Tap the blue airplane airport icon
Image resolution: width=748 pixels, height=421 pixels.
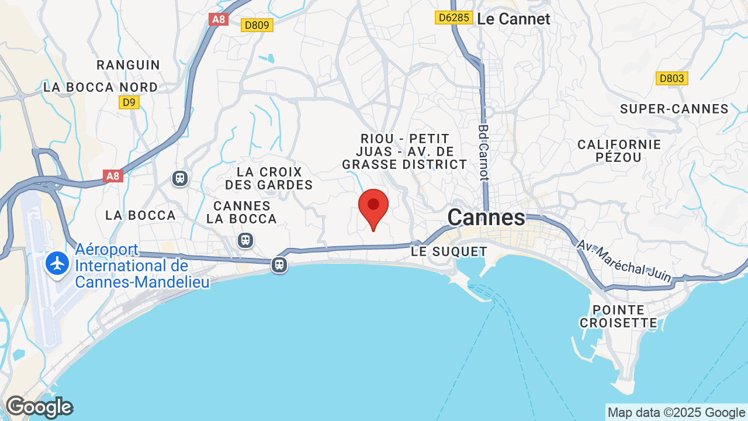(57, 264)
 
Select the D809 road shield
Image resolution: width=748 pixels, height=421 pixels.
(257, 25)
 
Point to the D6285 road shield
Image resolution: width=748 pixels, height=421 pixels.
(453, 18)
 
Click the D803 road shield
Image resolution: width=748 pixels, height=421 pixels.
(672, 78)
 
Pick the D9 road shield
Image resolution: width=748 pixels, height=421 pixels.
(129, 102)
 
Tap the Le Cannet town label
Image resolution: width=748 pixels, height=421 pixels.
(514, 19)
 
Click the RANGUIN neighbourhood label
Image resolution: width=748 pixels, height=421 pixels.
(129, 65)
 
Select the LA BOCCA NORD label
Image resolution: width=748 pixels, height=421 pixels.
(101, 87)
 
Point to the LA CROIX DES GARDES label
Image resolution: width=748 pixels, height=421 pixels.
(269, 178)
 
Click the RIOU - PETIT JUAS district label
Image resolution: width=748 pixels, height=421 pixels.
(405, 151)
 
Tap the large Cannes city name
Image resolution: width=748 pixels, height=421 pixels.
(486, 218)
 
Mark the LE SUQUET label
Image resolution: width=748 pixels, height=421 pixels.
(449, 252)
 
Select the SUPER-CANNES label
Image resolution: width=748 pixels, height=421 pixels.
(674, 109)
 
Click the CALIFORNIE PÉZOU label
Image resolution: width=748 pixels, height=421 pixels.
(619, 151)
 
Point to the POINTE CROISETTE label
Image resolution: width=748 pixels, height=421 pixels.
(618, 316)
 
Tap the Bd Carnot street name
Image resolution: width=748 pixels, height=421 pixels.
(483, 152)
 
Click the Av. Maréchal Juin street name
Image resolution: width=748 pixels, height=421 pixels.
(625, 261)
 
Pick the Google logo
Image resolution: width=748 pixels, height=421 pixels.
(39, 407)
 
